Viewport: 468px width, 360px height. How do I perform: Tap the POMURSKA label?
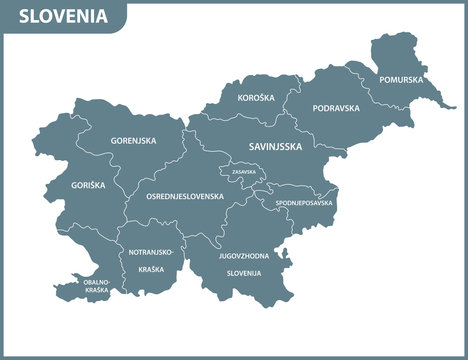click(400, 79)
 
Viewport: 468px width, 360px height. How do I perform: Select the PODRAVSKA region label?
click(335, 108)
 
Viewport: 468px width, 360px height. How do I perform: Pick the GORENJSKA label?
click(133, 140)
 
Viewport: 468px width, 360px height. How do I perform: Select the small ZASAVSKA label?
click(243, 172)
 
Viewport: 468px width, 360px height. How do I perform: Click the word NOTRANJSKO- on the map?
click(152, 252)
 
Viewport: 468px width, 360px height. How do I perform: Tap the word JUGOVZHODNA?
click(243, 257)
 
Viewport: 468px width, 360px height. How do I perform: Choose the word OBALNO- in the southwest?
click(97, 283)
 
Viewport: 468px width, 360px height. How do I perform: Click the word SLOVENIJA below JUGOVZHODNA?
click(243, 272)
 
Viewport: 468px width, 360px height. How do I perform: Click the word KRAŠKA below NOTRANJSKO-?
click(152, 270)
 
